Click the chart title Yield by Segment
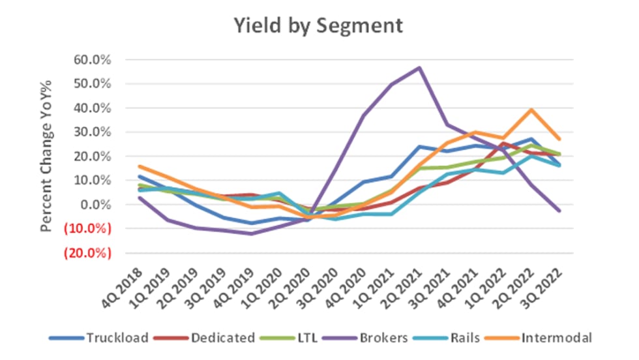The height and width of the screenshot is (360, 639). [320, 25]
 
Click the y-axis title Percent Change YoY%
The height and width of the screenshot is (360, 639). [46, 156]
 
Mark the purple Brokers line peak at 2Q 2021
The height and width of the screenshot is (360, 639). [419, 68]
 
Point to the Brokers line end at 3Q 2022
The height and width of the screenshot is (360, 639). [559, 210]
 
